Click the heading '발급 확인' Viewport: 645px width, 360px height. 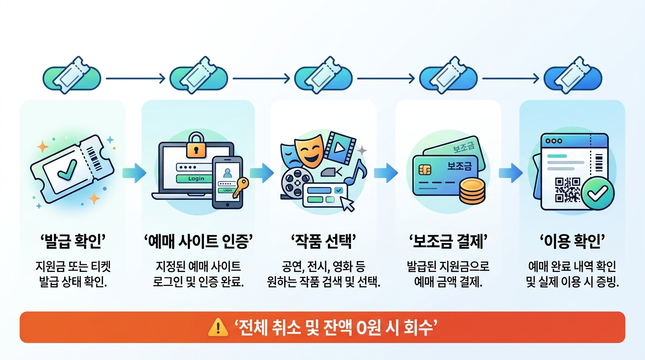[x=73, y=241]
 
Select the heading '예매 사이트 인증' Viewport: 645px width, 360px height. [x=198, y=241]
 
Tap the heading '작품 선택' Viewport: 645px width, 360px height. [x=323, y=241]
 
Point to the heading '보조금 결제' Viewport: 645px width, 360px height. [x=448, y=241]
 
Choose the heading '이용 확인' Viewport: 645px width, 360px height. [x=572, y=241]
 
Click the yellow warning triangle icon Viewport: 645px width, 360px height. [x=218, y=327]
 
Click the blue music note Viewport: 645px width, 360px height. [x=356, y=172]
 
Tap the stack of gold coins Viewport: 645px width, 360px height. [x=472, y=191]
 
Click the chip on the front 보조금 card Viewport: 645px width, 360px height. [x=425, y=170]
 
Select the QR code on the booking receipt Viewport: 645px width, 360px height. [x=568, y=190]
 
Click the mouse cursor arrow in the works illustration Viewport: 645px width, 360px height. [x=347, y=204]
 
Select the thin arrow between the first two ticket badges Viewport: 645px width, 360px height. [x=135, y=78]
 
